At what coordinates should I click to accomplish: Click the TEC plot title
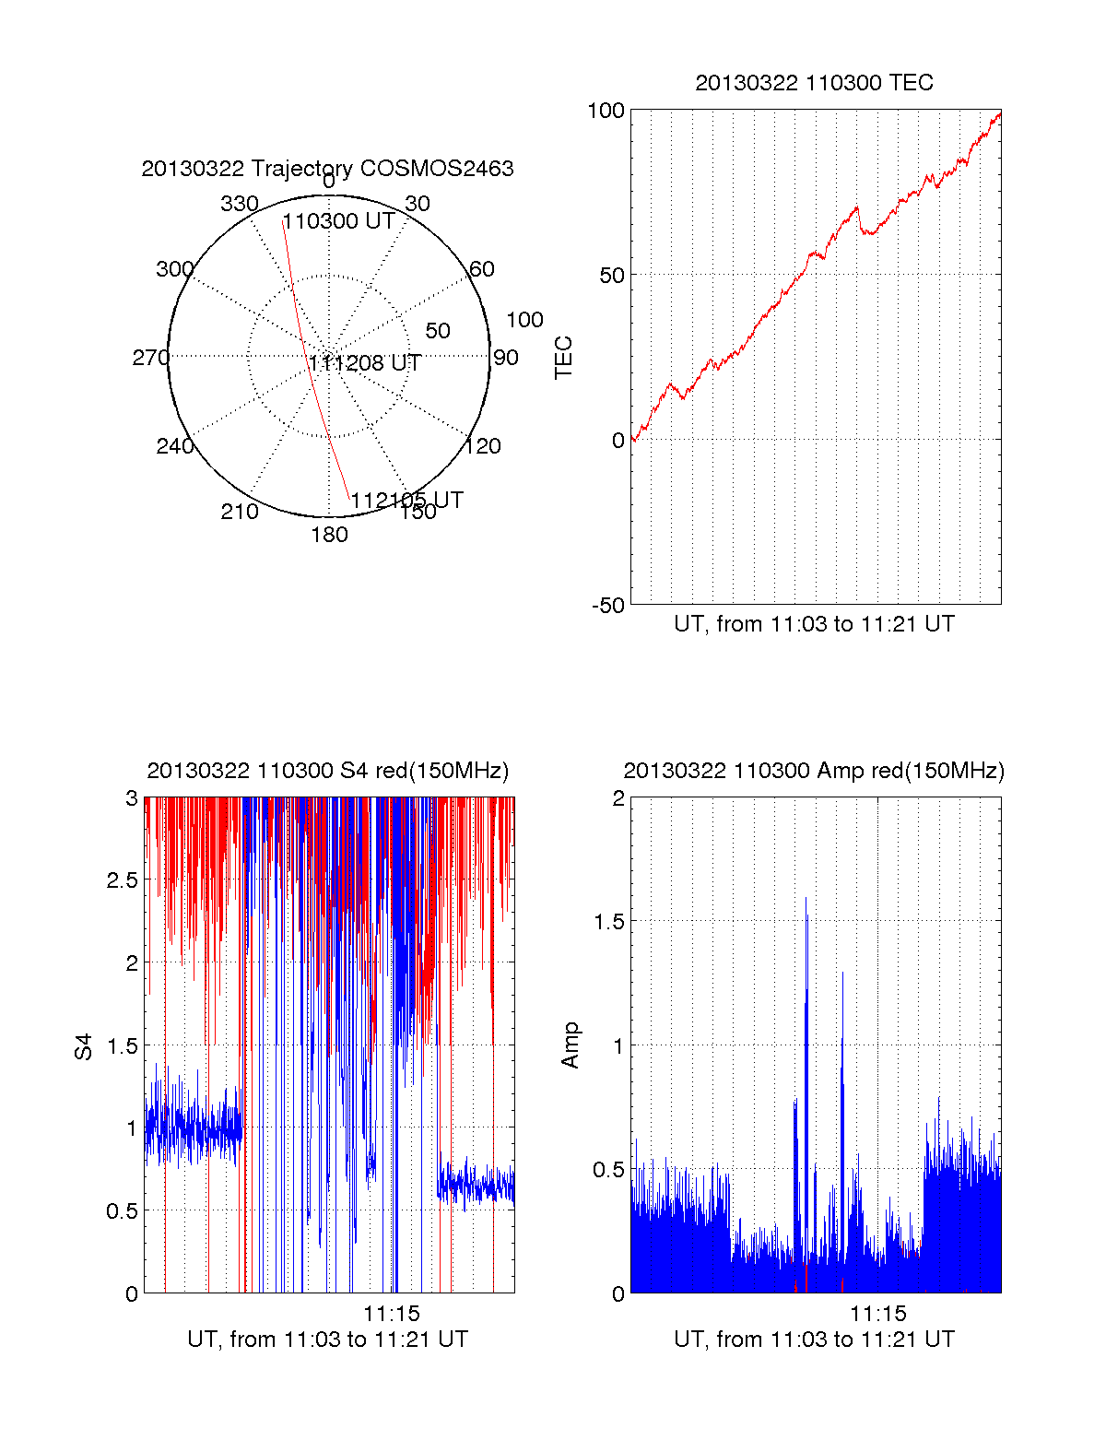click(814, 83)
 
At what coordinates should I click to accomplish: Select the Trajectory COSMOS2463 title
click(327, 169)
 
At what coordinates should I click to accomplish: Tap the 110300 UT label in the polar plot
click(338, 221)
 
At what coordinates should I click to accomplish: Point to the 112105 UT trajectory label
click(406, 501)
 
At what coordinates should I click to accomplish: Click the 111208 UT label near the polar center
click(365, 363)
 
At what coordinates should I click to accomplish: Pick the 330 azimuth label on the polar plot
click(239, 204)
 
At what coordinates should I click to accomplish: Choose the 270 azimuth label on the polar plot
click(150, 358)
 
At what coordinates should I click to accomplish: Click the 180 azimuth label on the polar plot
click(329, 535)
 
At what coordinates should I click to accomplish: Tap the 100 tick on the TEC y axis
click(606, 111)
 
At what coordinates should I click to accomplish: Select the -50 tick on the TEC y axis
click(607, 606)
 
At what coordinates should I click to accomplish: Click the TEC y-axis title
click(563, 358)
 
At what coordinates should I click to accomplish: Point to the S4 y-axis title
click(84, 1046)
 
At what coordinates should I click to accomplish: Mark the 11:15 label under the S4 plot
click(391, 1314)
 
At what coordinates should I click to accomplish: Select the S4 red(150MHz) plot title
click(327, 771)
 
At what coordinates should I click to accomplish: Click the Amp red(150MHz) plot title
click(814, 771)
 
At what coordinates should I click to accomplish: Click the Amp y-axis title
click(571, 1045)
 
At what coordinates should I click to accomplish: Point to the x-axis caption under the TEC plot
click(814, 624)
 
